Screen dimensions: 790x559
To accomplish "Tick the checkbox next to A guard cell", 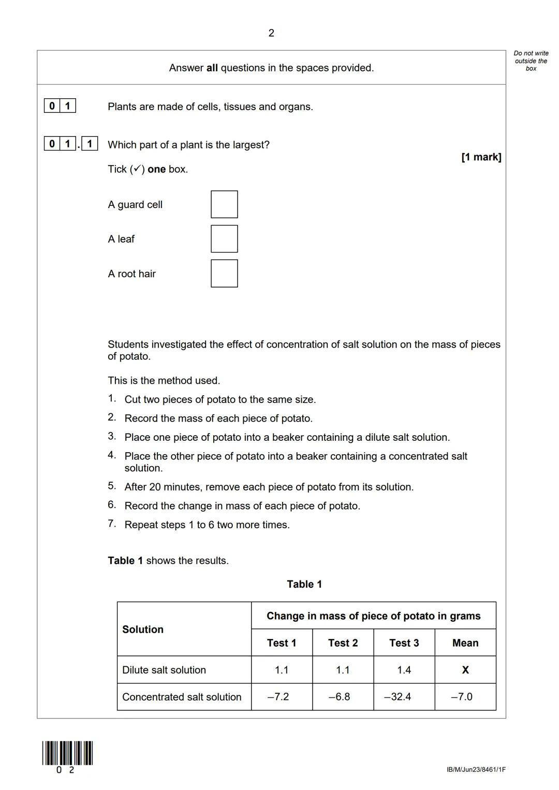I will coord(224,204).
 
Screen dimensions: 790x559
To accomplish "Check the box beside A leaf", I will coord(224,239).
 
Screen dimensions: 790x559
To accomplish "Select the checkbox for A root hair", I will coord(224,274).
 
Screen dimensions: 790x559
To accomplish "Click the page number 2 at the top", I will coord(271,34).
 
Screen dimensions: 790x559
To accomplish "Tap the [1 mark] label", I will coord(481,157).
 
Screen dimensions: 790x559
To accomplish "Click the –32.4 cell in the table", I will coord(404,697).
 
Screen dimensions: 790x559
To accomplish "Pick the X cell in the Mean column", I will coord(465,670).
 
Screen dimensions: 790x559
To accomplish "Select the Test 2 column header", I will coord(343,643).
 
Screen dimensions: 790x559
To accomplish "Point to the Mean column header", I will coord(465,643).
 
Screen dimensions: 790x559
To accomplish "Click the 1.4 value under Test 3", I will coord(404,670).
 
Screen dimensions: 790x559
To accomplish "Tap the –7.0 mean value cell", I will coord(465,697).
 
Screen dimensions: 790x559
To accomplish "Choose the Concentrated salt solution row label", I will coord(182,697).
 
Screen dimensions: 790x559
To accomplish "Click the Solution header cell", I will coord(143,630).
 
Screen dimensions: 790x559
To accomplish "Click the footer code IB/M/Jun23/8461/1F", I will coord(476,770).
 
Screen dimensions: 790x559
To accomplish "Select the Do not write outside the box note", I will coord(531,61).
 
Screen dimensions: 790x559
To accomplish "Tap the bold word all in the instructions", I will coord(212,68).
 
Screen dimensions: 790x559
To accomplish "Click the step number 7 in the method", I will coord(111,524).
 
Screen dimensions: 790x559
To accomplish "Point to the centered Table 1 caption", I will coord(304,584).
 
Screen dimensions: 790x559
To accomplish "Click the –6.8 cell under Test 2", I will coord(343,697).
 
